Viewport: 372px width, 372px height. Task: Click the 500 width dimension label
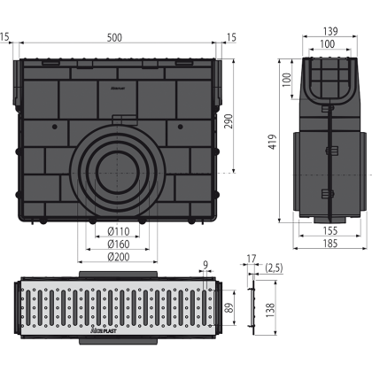click(x=114, y=37)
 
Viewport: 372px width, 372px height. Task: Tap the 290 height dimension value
click(x=229, y=121)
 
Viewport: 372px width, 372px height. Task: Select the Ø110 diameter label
click(x=119, y=231)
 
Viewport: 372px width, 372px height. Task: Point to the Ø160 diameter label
click(x=119, y=244)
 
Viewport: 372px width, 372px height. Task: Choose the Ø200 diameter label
click(x=119, y=257)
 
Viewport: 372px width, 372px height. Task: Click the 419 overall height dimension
click(x=273, y=142)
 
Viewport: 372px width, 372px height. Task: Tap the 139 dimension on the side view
click(x=330, y=31)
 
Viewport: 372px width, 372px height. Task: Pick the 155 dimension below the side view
click(x=329, y=230)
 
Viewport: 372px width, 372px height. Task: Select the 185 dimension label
click(x=329, y=244)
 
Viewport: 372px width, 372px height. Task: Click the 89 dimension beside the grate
click(x=230, y=307)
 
